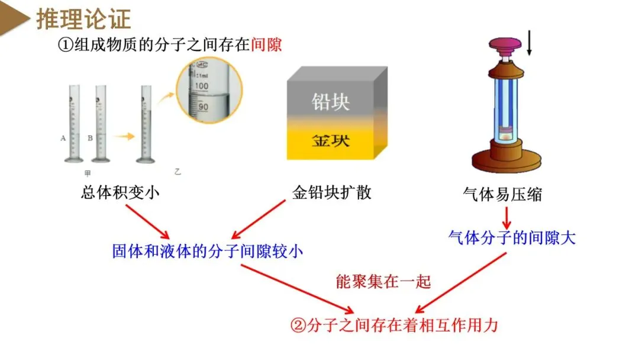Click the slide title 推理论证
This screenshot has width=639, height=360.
point(83,19)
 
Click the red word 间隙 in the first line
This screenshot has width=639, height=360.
point(266,45)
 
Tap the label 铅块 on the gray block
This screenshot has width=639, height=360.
point(331,102)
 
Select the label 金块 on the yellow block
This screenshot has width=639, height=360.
point(331,140)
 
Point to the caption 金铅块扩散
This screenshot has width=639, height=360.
point(331,193)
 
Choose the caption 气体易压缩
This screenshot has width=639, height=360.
point(502,194)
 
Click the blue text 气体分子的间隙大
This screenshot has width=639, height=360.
point(512,238)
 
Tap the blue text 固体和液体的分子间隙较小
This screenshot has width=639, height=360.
point(208,251)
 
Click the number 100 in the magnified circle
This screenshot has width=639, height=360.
point(202,86)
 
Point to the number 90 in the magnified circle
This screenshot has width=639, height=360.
point(203,108)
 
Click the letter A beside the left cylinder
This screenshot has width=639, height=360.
point(63,139)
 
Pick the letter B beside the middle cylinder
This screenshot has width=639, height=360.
point(90,139)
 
